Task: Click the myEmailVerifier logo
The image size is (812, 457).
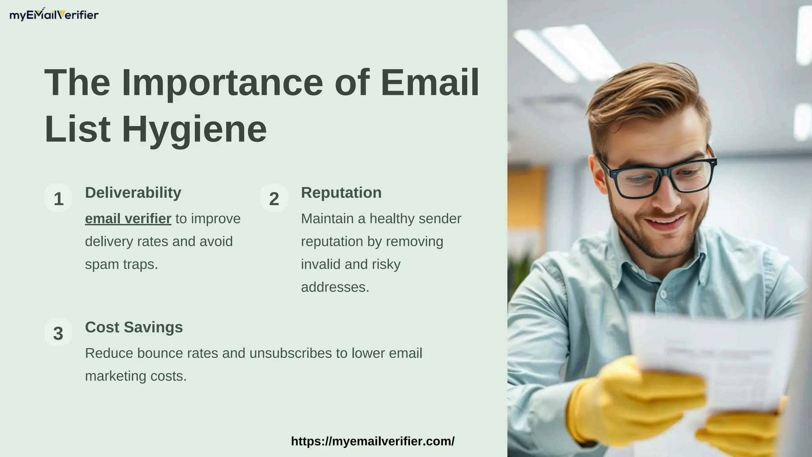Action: tap(54, 15)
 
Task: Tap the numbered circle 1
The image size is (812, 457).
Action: tap(58, 198)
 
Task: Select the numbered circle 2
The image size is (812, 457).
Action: tap(274, 198)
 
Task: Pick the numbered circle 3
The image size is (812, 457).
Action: tap(58, 333)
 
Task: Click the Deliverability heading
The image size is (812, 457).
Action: tap(133, 193)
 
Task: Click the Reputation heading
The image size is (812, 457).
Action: tap(341, 193)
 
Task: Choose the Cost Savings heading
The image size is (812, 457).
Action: tap(134, 327)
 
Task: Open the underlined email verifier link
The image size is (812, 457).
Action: tap(128, 219)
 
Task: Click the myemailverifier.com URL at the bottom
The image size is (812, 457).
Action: tap(373, 441)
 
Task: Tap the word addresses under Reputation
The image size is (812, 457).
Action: tap(335, 287)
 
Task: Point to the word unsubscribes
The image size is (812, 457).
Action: tap(291, 353)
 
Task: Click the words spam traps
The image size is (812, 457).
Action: tap(121, 264)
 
